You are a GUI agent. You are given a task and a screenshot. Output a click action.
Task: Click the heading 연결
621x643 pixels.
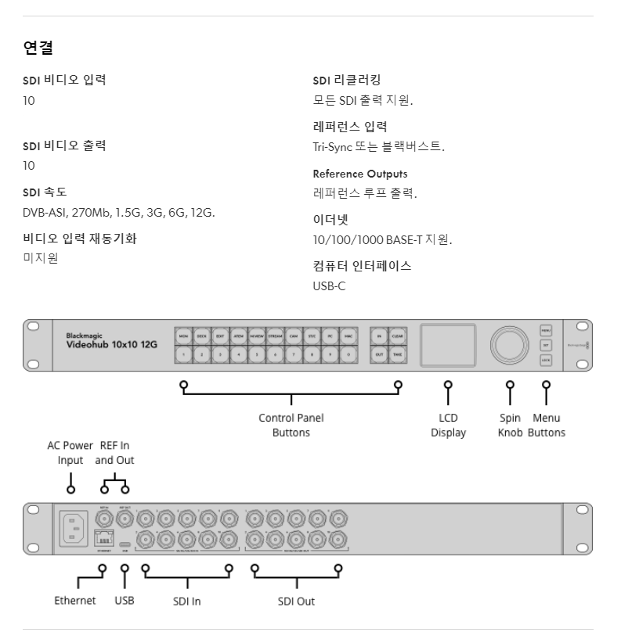pyautogui.click(x=38, y=49)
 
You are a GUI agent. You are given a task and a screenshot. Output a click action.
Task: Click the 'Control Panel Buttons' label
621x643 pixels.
pyautogui.click(x=291, y=425)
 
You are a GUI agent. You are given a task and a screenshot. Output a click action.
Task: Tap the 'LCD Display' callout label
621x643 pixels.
pyautogui.click(x=448, y=425)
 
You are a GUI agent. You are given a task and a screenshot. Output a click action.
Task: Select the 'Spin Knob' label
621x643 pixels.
pyautogui.click(x=510, y=425)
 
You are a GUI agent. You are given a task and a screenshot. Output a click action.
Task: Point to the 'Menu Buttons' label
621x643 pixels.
pyautogui.click(x=546, y=425)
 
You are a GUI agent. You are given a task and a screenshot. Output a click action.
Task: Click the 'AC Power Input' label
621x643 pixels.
pyautogui.click(x=70, y=452)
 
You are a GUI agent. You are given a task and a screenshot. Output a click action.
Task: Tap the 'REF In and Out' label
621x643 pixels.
pyautogui.click(x=114, y=452)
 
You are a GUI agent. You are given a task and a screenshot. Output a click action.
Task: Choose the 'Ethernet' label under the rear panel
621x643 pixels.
pyautogui.click(x=76, y=601)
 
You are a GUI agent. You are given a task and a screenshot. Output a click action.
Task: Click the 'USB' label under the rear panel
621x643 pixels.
pyautogui.click(x=125, y=601)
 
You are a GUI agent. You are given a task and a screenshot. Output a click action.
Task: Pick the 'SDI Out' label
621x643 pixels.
pyautogui.click(x=297, y=602)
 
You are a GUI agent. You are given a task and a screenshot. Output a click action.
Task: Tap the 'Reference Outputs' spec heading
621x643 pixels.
pyautogui.click(x=359, y=173)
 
